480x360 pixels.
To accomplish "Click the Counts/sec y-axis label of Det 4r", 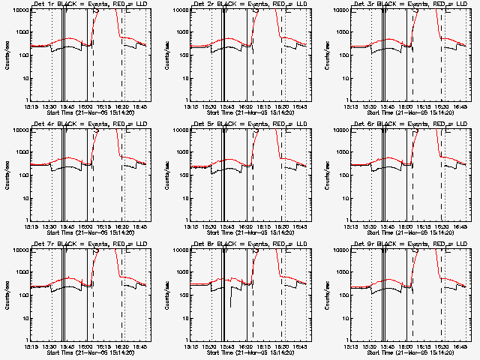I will click(x=6, y=175).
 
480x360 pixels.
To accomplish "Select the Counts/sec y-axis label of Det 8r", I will click(x=166, y=295).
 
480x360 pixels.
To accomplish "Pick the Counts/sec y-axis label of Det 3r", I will click(x=327, y=55).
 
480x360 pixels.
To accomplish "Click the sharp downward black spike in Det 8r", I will click(x=231, y=304).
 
